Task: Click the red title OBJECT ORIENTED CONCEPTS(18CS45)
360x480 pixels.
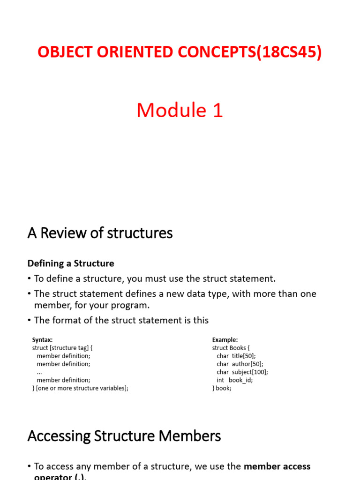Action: pyautogui.click(x=180, y=52)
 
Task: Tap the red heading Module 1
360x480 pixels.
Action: pyautogui.click(x=180, y=111)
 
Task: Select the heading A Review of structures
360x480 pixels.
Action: pyautogui.click(x=100, y=233)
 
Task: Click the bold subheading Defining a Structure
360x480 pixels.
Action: pyautogui.click(x=71, y=263)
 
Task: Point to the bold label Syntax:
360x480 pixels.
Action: pyautogui.click(x=42, y=339)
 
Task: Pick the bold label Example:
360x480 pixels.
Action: pyautogui.click(x=225, y=339)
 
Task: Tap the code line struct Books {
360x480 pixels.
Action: pyautogui.click(x=231, y=348)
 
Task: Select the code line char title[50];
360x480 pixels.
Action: pyautogui.click(x=236, y=356)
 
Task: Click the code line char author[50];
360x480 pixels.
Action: pyautogui.click(x=240, y=364)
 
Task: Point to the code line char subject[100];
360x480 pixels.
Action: pyautogui.click(x=242, y=372)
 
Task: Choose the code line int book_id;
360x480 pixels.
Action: pyautogui.click(x=234, y=380)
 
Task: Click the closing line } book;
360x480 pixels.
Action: pyautogui.click(x=222, y=388)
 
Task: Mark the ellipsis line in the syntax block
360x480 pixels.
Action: pyautogui.click(x=39, y=372)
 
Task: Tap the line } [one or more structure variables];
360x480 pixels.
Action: pyautogui.click(x=80, y=388)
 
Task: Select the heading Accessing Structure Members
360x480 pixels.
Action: pyautogui.click(x=124, y=436)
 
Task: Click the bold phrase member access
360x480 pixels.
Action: pyautogui.click(x=277, y=466)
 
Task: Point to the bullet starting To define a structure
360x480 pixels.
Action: pyautogui.click(x=155, y=278)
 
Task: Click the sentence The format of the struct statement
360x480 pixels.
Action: pyautogui.click(x=121, y=321)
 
